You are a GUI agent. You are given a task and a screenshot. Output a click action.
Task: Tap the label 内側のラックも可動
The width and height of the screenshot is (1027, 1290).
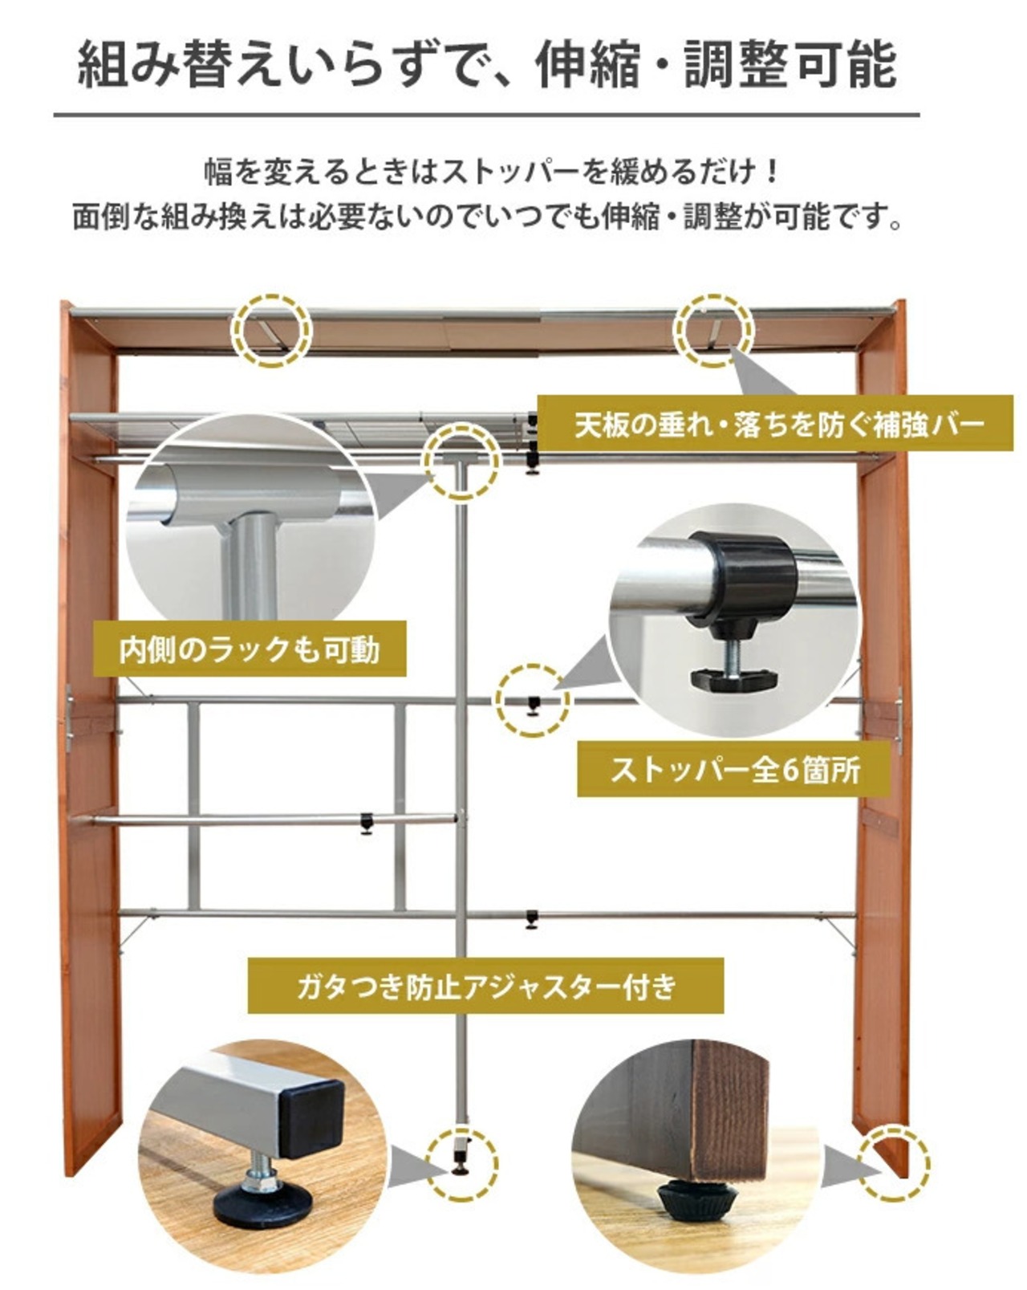[250, 649]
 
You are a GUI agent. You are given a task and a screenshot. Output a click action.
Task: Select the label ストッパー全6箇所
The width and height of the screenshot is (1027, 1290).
[734, 770]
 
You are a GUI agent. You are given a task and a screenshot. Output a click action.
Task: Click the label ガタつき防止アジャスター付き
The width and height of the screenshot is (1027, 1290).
[486, 985]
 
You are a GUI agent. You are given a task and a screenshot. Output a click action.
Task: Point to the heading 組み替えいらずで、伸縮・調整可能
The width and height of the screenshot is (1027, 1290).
[486, 66]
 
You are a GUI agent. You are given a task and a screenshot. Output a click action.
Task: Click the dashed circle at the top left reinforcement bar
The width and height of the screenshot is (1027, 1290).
[271, 330]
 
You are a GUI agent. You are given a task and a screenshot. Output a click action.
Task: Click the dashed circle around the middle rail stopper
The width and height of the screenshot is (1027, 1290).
[532, 701]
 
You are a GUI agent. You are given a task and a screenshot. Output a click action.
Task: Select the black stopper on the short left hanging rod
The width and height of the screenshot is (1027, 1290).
[367, 824]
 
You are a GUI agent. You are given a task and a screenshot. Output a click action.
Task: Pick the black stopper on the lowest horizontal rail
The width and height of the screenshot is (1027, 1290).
[531, 918]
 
